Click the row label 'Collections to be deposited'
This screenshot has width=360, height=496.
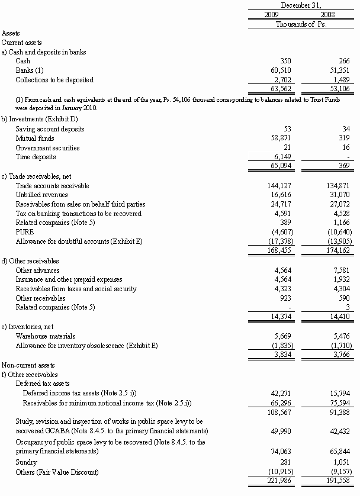click(x=54, y=80)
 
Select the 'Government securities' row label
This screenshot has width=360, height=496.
click(x=47, y=148)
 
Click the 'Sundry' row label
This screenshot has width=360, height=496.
click(x=26, y=462)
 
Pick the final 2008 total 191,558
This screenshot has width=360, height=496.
click(x=334, y=481)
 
